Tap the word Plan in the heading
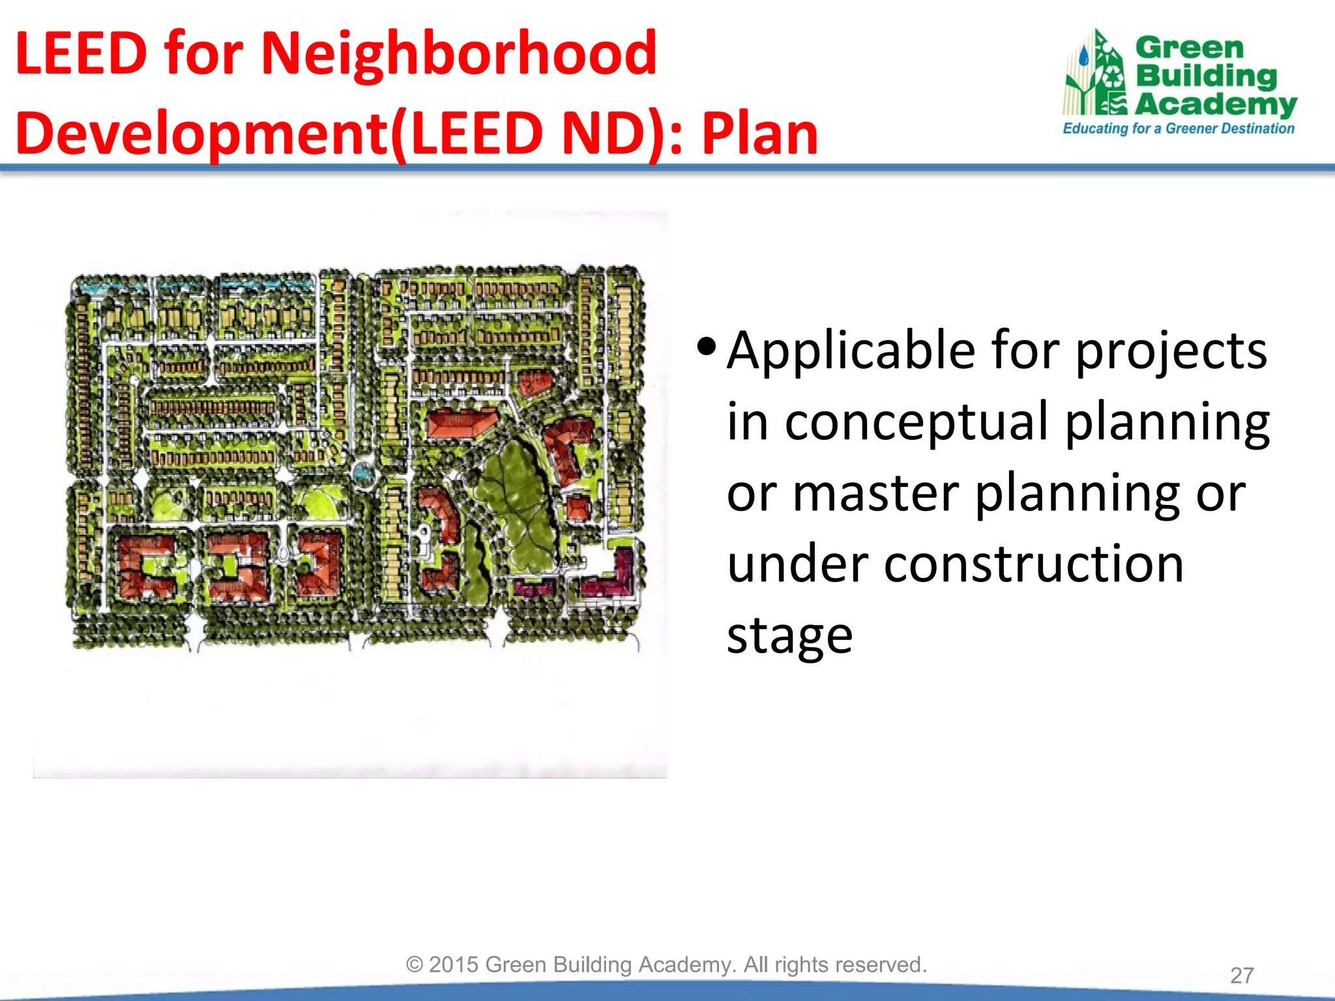[x=759, y=134]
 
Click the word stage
[x=789, y=635]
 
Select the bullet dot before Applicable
[x=706, y=346]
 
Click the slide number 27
[x=1242, y=976]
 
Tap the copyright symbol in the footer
[x=415, y=965]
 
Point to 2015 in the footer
[x=454, y=965]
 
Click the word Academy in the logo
[x=1216, y=104]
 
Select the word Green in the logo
[x=1190, y=48]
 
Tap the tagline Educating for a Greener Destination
[x=1178, y=128]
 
